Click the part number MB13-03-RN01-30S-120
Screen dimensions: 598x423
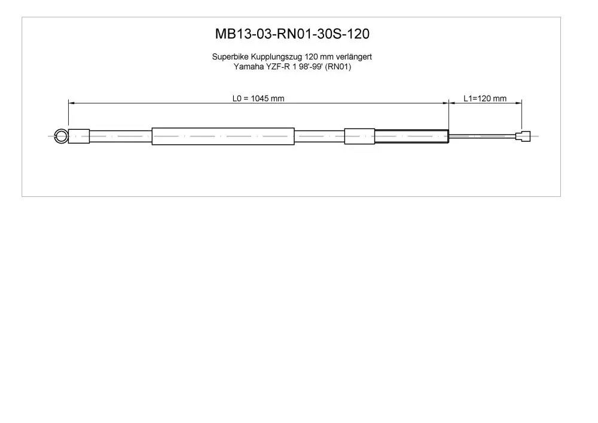[x=292, y=34]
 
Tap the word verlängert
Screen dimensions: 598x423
[x=353, y=57]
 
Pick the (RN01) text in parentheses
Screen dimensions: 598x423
[x=338, y=67]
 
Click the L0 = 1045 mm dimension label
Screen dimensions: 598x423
[x=258, y=98]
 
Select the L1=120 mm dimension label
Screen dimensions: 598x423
[x=485, y=98]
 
